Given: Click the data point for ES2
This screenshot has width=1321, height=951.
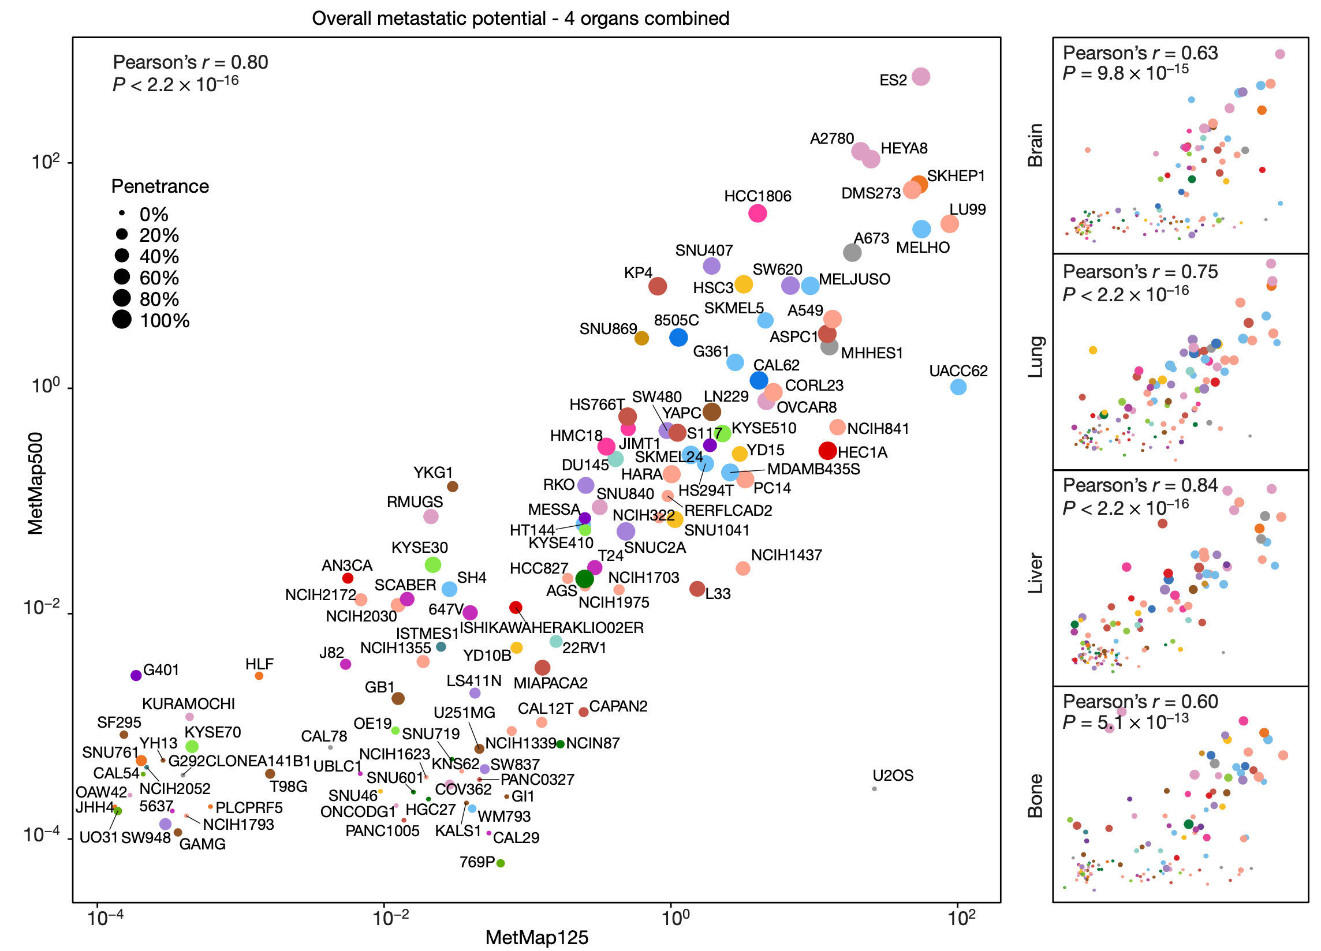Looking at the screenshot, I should pos(920,76).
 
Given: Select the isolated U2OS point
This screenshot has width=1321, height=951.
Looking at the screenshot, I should pos(874,789).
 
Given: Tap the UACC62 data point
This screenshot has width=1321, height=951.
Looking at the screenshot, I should pos(958,387).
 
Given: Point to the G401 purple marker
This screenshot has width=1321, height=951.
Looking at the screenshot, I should pos(136,675).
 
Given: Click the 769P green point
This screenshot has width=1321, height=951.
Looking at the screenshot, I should pos(501,863).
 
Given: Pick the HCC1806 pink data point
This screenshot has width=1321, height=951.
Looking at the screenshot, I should pos(757,213).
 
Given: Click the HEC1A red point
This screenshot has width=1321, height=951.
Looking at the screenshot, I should pos(827,451).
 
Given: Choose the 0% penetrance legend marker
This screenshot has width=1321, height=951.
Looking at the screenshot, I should pos(122,213).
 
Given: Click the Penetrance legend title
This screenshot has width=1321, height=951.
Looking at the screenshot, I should pos(160,186).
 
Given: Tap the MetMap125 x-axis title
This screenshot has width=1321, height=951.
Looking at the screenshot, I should pos(536,937).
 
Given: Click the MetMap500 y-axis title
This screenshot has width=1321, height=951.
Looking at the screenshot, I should pos(36,483).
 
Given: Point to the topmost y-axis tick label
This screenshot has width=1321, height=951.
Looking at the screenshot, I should pos(46,162).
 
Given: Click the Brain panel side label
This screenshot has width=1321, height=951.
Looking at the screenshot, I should pos(1035,145).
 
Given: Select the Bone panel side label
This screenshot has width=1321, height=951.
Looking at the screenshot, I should pos(1035,795).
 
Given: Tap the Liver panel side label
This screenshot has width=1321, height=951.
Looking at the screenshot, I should pos(1035,573).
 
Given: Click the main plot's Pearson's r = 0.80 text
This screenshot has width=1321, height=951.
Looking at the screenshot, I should pos(191,62).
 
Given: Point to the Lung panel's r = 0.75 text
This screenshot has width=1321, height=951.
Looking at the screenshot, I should pos(1140,272).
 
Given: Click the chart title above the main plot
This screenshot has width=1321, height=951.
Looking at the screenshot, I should pos(520,18).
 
